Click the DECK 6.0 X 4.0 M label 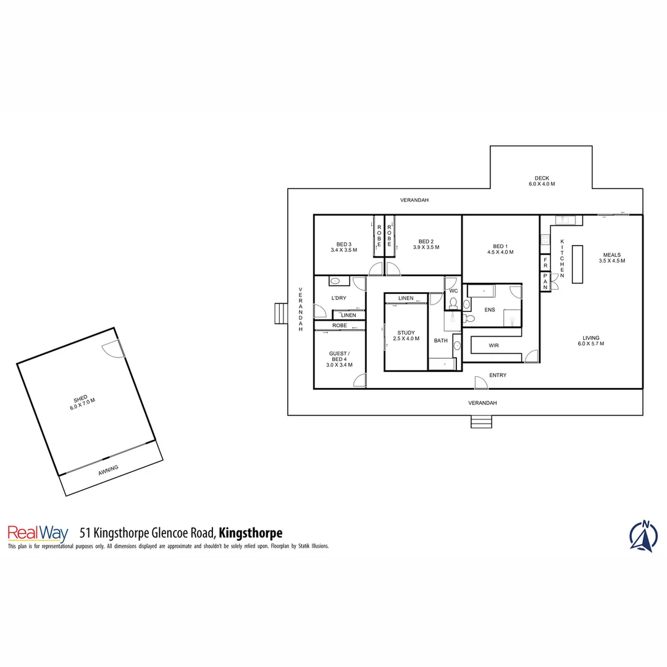(x=542, y=181)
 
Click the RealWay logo (x=38, y=533)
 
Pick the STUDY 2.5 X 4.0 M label (x=406, y=335)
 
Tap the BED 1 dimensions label (x=500, y=249)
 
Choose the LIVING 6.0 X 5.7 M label (x=590, y=340)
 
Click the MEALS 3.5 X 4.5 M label (x=611, y=258)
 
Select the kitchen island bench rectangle (x=577, y=264)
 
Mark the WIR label (x=493, y=345)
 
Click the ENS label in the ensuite (x=490, y=309)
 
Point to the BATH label (x=440, y=340)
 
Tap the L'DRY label (x=339, y=298)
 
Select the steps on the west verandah (x=281, y=313)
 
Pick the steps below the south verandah (x=482, y=422)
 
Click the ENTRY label (x=498, y=375)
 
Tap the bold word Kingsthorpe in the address (x=251, y=532)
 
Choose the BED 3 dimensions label (x=344, y=246)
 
